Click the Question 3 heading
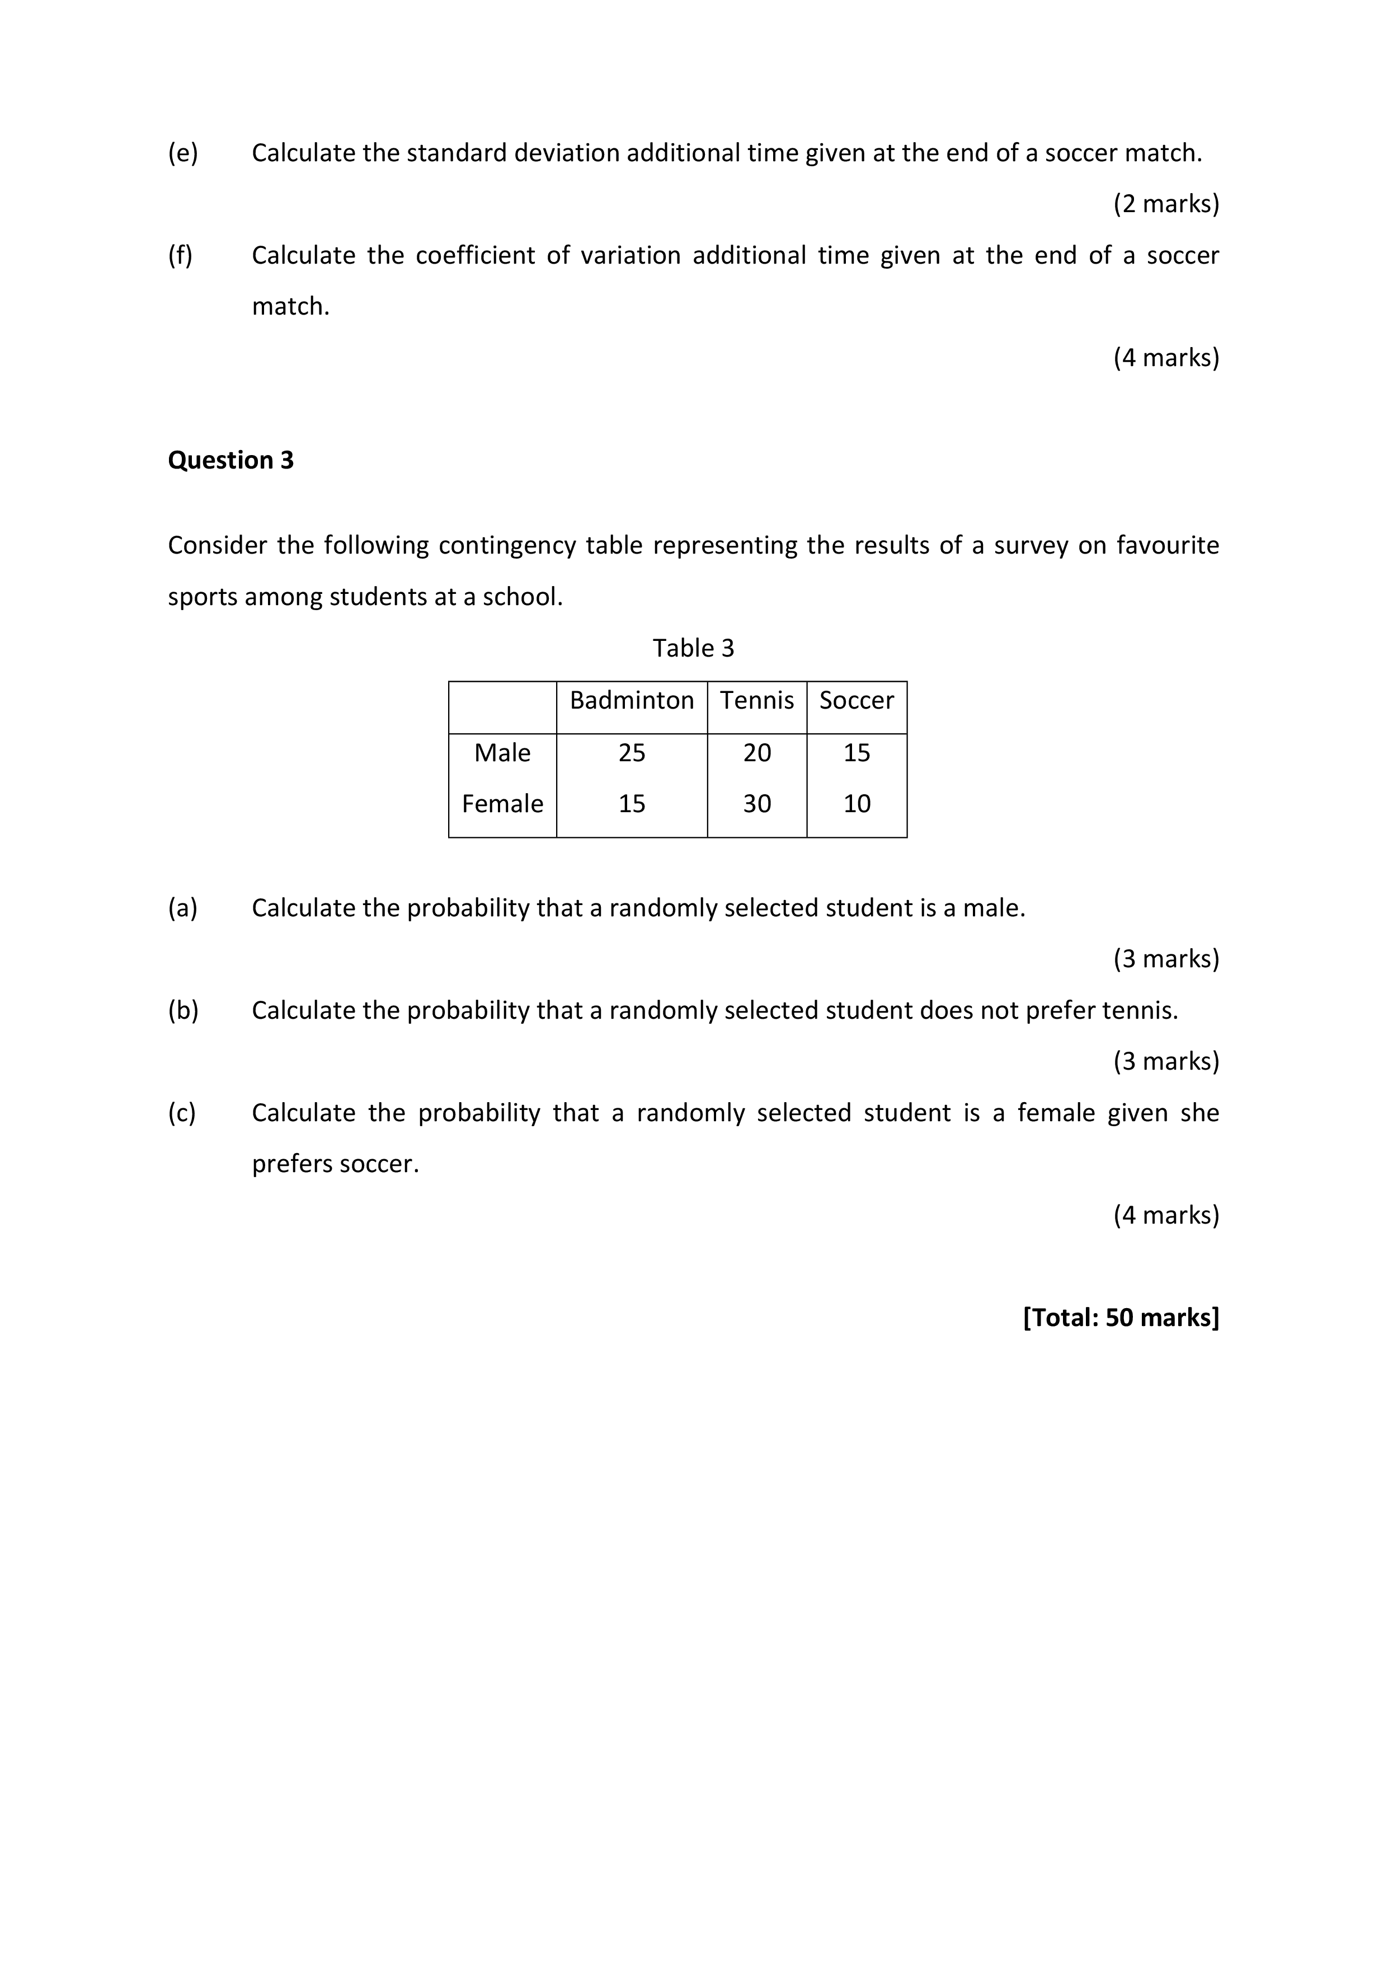(230, 460)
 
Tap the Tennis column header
(756, 700)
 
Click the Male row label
(502, 752)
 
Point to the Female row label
(502, 804)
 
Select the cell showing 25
(632, 752)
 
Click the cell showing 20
(756, 752)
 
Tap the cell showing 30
(756, 804)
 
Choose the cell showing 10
(857, 804)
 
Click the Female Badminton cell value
(632, 804)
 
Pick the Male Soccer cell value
(857, 752)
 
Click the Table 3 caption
(693, 648)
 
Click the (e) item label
(182, 153)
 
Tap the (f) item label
(180, 255)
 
